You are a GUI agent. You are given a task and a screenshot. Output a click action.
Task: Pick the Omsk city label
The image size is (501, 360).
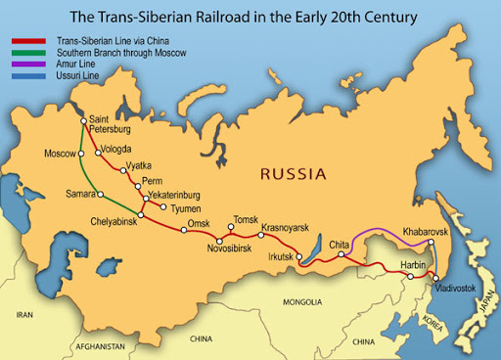click(199, 224)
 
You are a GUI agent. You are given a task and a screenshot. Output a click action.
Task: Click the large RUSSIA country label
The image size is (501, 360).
click(293, 174)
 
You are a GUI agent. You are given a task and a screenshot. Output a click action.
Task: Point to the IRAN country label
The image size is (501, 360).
click(23, 315)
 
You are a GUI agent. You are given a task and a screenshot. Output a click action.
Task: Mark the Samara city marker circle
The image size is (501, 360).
click(85, 193)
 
